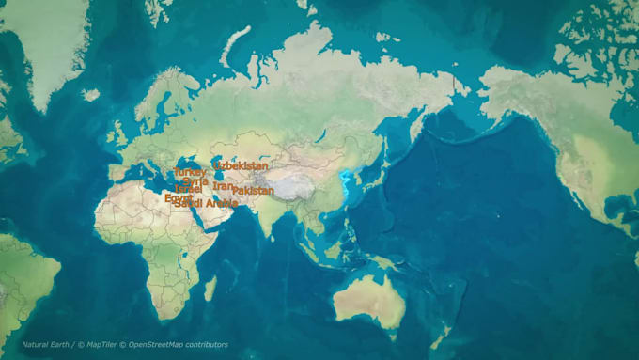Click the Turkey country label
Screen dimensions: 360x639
coord(189,173)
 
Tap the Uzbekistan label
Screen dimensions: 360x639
coord(241,166)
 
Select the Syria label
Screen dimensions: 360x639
coord(195,181)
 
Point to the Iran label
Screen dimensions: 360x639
coord(223,187)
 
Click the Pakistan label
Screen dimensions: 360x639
coord(253,191)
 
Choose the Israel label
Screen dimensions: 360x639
coord(188,190)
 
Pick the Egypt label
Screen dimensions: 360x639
coord(178,198)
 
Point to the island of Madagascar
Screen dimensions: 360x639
coord(210,287)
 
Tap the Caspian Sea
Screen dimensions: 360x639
coord(217,169)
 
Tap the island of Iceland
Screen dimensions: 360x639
coord(91,95)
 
